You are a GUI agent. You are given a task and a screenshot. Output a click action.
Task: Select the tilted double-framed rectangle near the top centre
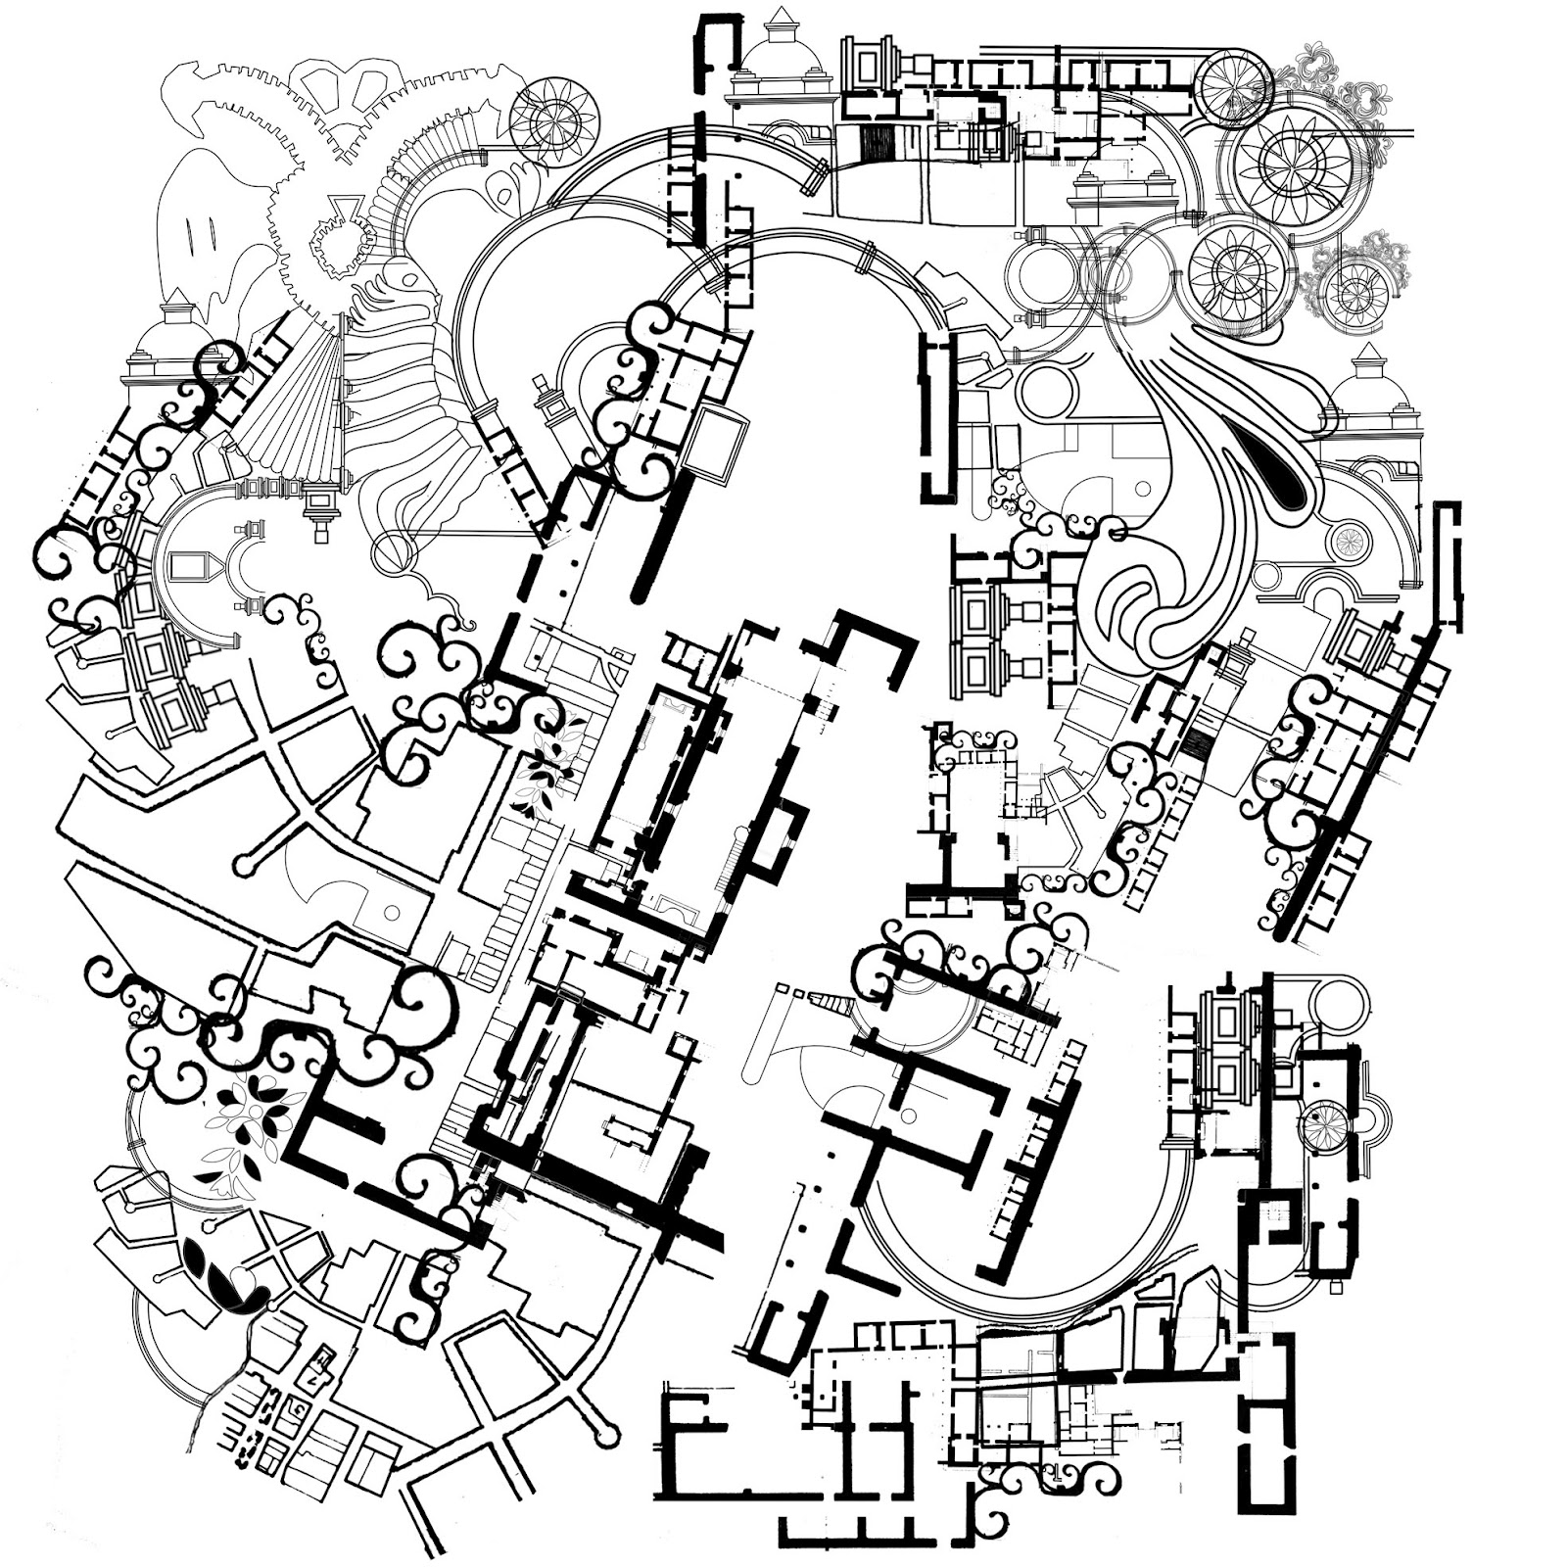point(714,440)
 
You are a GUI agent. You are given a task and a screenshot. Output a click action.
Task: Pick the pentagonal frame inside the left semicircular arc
point(190,568)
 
